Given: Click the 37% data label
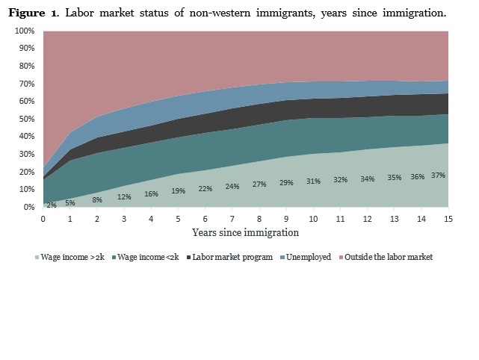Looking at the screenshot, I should pyautogui.click(x=439, y=175).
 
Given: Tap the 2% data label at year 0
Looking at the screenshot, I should pyautogui.click(x=51, y=205).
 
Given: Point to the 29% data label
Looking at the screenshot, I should pyautogui.click(x=286, y=182).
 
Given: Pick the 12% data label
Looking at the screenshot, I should pyautogui.click(x=124, y=197).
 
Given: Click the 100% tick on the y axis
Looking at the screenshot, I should pyautogui.click(x=25, y=31).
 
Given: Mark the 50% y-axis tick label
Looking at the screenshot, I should pyautogui.click(x=27, y=119).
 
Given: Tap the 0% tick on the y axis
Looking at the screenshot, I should pyautogui.click(x=28, y=207).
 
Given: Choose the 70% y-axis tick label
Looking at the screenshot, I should pyautogui.click(x=27, y=84).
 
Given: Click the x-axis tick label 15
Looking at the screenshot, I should pyautogui.click(x=448, y=218).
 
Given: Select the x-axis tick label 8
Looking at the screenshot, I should pyautogui.click(x=259, y=218).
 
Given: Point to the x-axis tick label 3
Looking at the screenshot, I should pyautogui.click(x=124, y=218).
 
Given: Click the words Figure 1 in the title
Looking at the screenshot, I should pyautogui.click(x=36, y=13).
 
